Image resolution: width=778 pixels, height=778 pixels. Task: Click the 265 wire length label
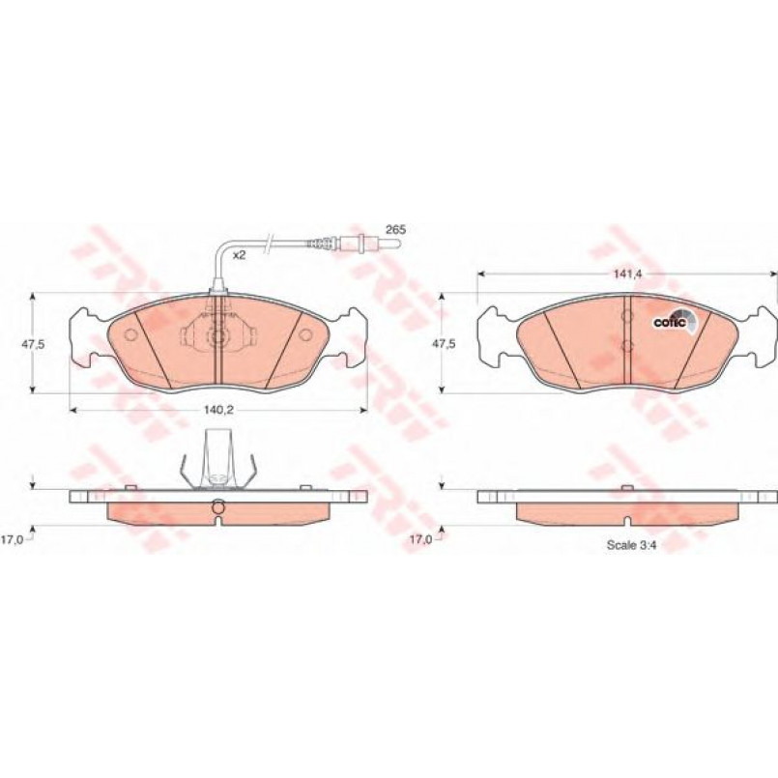pyautogui.click(x=396, y=230)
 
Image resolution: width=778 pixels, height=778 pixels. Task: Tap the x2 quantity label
pyautogui.click(x=240, y=255)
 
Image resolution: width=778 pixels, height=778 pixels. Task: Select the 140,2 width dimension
pyautogui.click(x=218, y=410)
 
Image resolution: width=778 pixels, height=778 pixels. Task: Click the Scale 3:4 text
pyautogui.click(x=632, y=545)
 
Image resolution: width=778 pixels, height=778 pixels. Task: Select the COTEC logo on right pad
pyautogui.click(x=675, y=321)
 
